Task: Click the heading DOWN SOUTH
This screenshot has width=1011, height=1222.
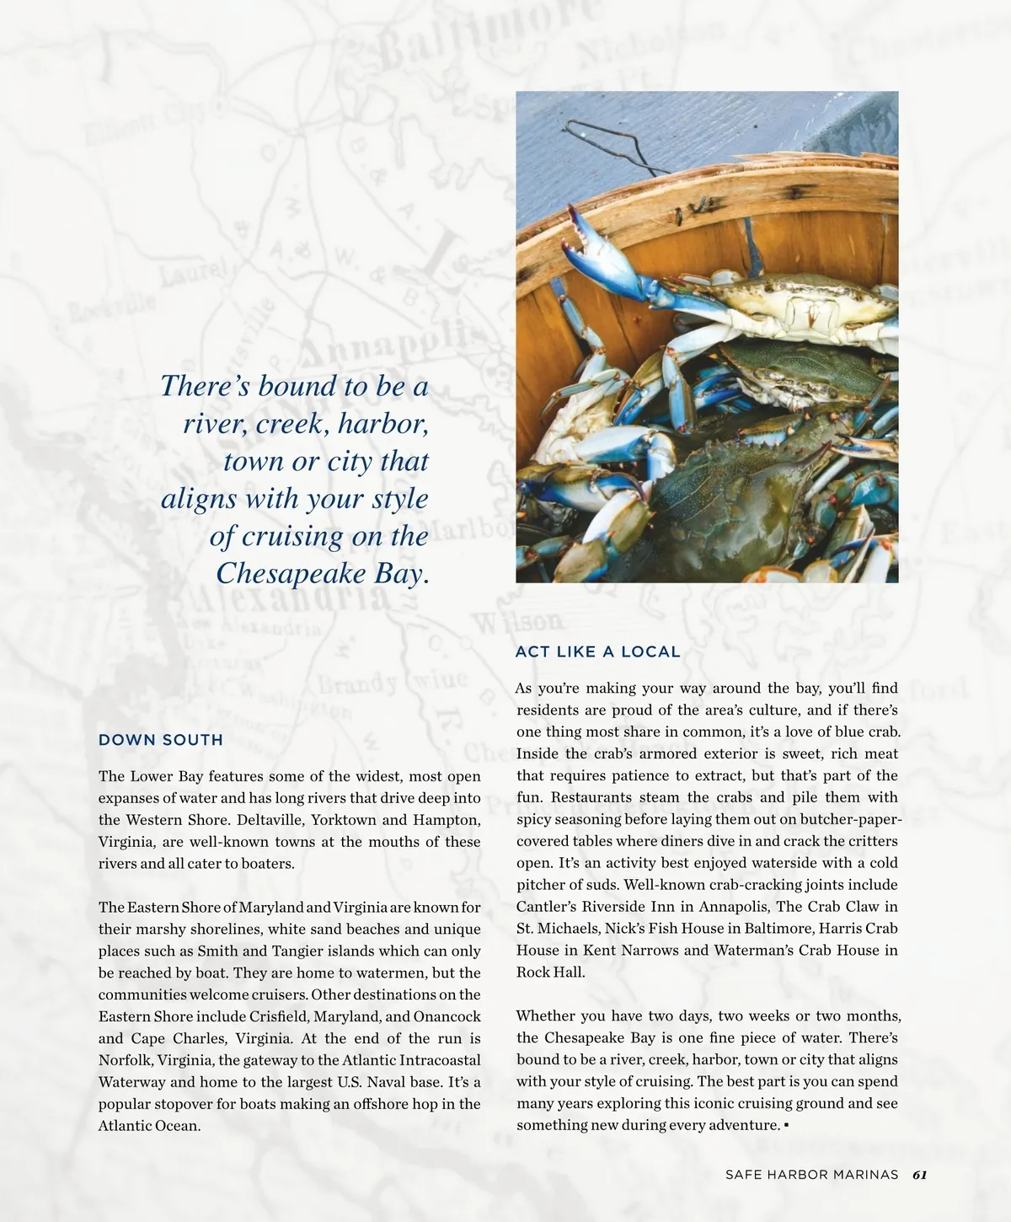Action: (x=161, y=740)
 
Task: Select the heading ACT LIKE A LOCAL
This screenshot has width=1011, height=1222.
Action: (x=597, y=651)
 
